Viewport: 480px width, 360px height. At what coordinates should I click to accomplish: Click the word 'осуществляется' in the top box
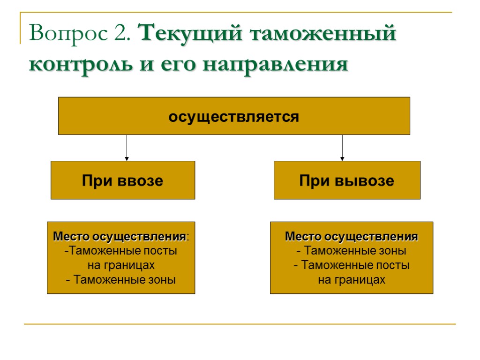(x=233, y=116)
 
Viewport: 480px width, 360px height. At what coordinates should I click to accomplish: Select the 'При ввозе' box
(x=123, y=180)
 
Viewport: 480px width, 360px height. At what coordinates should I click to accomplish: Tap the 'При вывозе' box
(x=347, y=180)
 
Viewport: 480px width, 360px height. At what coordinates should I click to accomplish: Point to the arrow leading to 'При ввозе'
(x=127, y=148)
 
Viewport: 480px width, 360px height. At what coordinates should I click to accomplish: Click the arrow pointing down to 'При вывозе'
(x=342, y=148)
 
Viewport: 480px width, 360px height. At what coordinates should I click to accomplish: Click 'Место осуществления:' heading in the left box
(x=121, y=236)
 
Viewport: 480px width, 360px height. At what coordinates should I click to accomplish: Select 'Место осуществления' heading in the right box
(x=352, y=236)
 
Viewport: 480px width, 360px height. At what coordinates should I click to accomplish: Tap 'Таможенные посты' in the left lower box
(x=122, y=251)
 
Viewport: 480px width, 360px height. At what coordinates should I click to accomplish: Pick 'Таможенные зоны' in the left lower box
(x=124, y=280)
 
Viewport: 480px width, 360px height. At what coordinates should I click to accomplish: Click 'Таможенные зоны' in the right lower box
(x=354, y=251)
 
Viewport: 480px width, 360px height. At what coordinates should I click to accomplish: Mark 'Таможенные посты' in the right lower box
(x=354, y=265)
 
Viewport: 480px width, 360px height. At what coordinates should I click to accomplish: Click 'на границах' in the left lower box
(x=121, y=265)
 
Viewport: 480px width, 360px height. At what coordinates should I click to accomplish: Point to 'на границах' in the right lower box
(x=352, y=280)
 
